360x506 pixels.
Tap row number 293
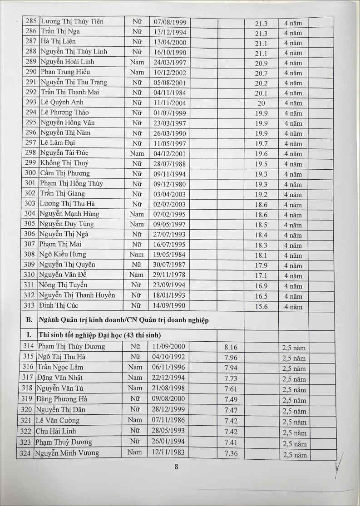click(x=31, y=103)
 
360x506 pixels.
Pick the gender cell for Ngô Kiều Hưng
click(x=137, y=255)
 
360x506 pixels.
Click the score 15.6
click(x=261, y=307)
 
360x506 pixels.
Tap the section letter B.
click(x=29, y=320)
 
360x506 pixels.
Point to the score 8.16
click(x=231, y=347)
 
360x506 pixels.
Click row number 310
click(x=30, y=275)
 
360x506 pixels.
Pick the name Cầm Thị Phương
click(x=64, y=173)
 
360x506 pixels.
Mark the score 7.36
click(x=231, y=453)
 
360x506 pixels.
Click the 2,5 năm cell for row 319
click(x=295, y=400)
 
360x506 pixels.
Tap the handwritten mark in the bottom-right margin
click(x=337, y=467)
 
